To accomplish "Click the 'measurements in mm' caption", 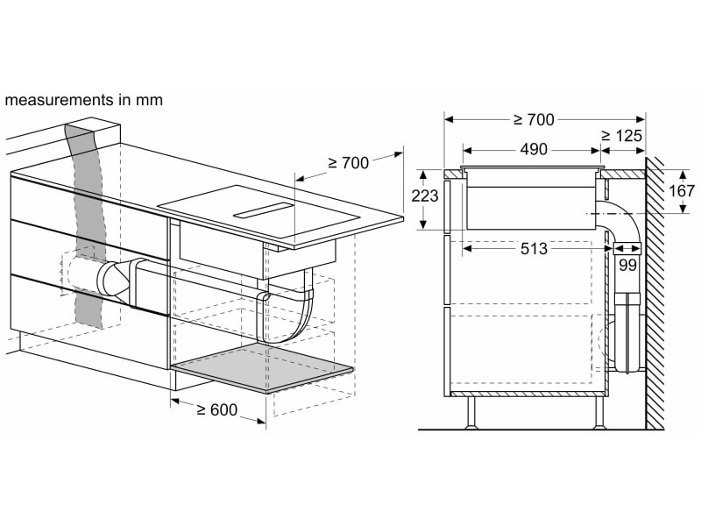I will (83, 100).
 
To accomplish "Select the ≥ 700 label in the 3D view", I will (349, 163).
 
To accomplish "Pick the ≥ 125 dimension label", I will (621, 136).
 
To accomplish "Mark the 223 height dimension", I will (424, 196).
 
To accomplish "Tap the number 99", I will (627, 265).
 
